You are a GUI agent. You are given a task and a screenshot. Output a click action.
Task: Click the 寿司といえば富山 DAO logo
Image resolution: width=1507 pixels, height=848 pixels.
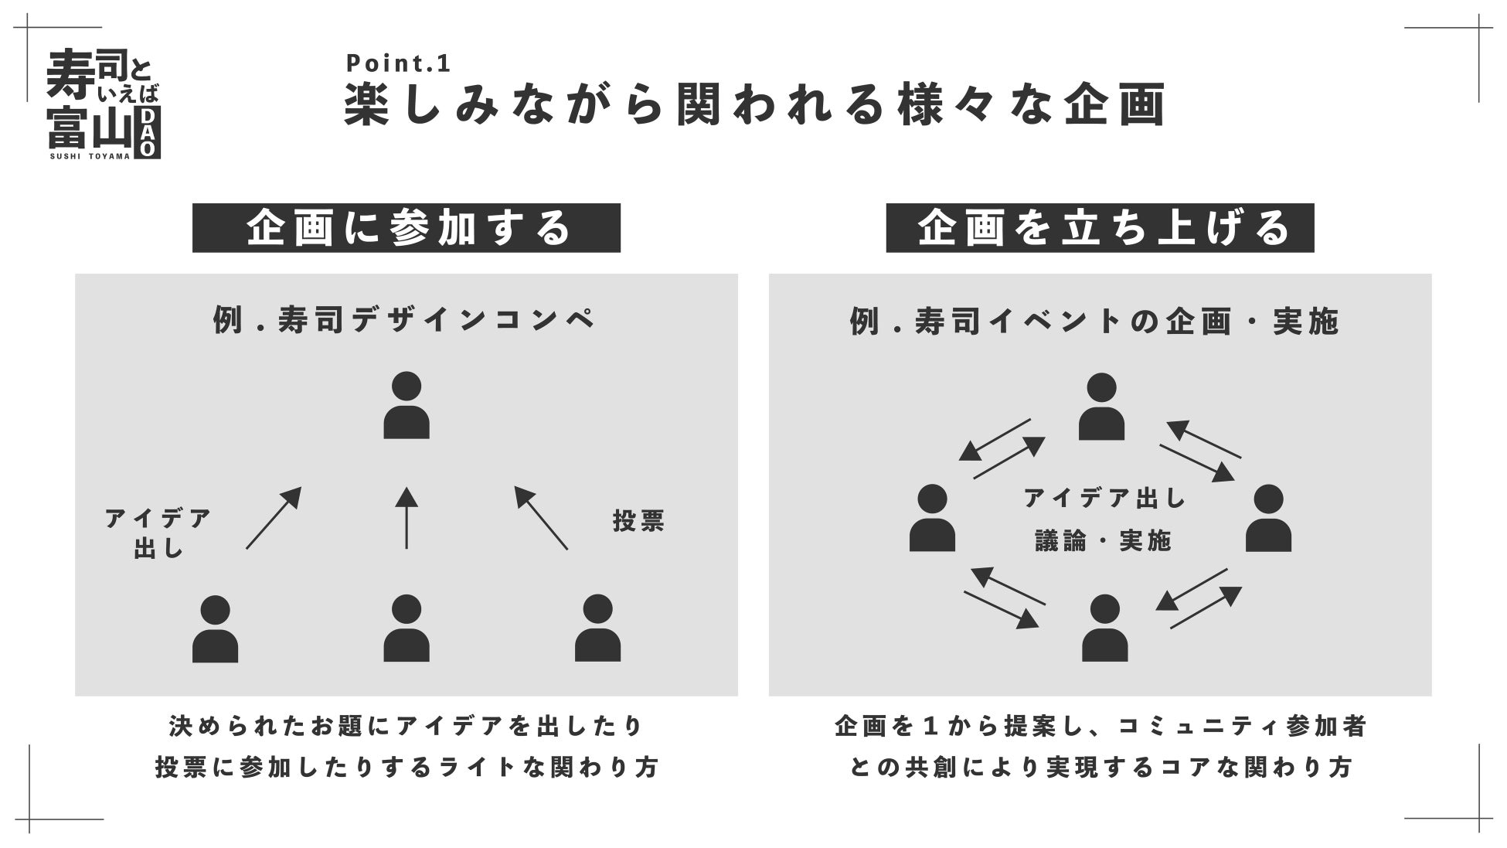tap(104, 104)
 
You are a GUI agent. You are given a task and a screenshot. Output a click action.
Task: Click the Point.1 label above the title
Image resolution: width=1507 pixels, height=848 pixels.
tap(398, 63)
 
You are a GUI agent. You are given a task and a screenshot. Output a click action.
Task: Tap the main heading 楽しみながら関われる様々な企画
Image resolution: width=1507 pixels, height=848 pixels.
tap(754, 104)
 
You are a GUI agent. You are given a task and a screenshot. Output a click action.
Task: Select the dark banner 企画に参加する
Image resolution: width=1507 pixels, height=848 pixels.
tap(407, 228)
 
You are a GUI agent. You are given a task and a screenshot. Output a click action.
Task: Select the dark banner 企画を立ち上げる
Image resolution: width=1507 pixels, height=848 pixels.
tap(1100, 228)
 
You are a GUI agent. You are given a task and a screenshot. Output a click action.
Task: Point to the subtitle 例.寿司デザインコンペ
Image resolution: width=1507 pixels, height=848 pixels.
tap(405, 320)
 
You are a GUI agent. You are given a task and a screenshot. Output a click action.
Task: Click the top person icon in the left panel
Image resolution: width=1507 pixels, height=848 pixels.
tap(407, 406)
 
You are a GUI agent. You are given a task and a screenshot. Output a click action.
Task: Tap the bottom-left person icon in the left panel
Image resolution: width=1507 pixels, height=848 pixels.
tap(215, 629)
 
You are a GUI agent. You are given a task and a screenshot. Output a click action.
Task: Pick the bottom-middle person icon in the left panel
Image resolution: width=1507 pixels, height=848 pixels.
tap(407, 629)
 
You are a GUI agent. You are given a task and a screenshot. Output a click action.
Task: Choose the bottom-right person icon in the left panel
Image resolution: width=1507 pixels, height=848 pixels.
tap(597, 629)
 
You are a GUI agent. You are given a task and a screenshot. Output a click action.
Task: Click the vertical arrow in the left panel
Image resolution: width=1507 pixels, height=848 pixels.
tap(407, 518)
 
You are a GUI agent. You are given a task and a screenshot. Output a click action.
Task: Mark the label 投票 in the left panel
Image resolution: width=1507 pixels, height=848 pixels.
tap(638, 521)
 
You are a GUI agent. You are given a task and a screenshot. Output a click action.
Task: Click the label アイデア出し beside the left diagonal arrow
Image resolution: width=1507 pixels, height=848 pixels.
tap(158, 533)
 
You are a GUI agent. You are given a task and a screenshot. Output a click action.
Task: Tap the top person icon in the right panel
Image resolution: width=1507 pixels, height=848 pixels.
tap(1101, 407)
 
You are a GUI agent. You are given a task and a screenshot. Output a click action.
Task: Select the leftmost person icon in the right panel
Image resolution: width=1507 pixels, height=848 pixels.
tap(932, 519)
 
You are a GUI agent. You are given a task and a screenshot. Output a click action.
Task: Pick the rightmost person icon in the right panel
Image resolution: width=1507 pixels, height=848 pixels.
tap(1268, 519)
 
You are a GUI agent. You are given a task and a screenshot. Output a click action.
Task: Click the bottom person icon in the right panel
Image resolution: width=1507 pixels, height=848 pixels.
tap(1104, 629)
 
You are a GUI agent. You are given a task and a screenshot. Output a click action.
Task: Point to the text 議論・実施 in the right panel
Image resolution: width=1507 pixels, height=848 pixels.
tap(1104, 541)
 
